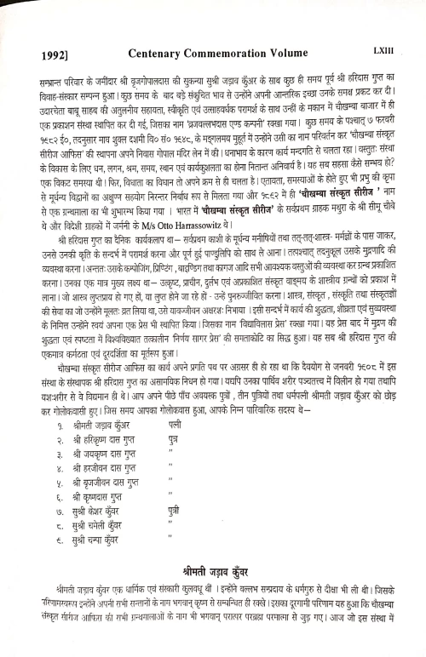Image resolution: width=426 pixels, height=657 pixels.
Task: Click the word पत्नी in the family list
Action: [175, 422]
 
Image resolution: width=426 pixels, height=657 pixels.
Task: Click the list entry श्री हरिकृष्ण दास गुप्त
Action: [101, 437]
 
